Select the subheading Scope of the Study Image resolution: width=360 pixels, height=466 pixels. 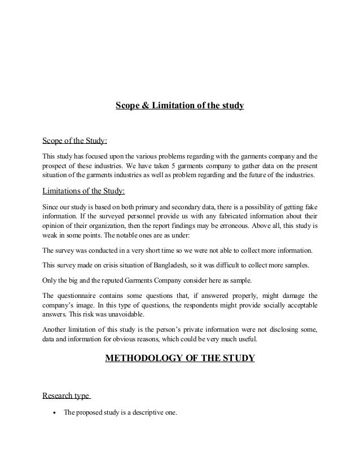pos(75,140)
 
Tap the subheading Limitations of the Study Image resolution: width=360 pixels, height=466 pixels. pos(84,190)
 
